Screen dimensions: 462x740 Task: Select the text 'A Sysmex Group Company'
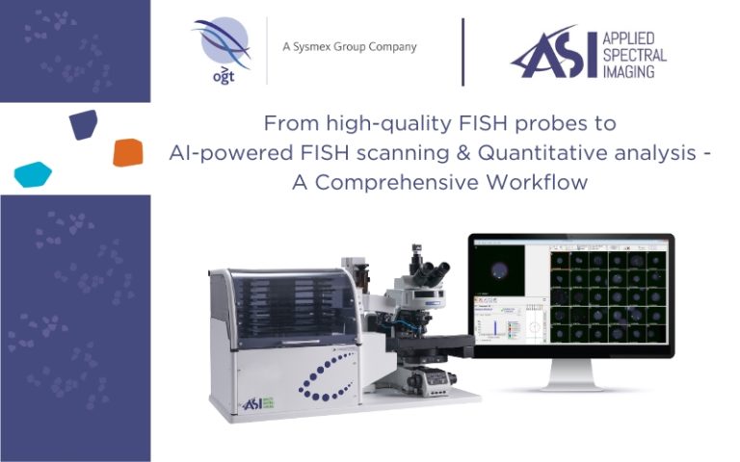tap(349, 47)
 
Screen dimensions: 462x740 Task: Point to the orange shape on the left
tap(127, 152)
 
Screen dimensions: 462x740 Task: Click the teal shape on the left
tap(33, 174)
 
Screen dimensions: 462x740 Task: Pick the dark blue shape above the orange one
tap(84, 123)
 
